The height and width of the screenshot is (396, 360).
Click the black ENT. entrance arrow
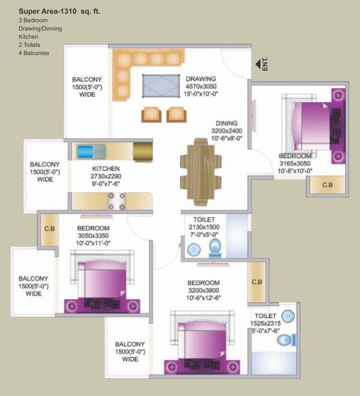(x=258, y=64)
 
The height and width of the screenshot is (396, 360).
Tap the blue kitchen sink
(x=91, y=152)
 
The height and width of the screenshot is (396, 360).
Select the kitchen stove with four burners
(x=116, y=201)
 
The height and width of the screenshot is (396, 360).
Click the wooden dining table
(x=201, y=172)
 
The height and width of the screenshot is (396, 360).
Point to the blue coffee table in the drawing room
(x=161, y=85)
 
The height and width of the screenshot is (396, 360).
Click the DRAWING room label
(x=201, y=79)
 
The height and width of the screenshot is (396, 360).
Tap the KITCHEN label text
(x=106, y=168)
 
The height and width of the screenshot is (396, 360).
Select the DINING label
(x=227, y=123)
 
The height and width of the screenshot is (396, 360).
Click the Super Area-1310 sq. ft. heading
(x=59, y=12)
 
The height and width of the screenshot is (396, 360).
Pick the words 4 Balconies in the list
(x=34, y=53)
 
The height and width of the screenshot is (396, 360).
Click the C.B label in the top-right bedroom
(x=327, y=185)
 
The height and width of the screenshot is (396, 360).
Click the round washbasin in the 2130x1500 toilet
(x=194, y=249)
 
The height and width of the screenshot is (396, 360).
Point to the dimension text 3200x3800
(x=203, y=291)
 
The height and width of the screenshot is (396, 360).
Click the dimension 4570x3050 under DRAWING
(x=201, y=86)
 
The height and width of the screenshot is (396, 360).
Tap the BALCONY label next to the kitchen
(x=45, y=164)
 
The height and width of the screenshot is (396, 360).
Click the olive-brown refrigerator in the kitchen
(x=143, y=152)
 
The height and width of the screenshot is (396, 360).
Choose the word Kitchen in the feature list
(x=28, y=37)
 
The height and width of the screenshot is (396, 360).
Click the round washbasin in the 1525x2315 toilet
(x=288, y=316)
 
